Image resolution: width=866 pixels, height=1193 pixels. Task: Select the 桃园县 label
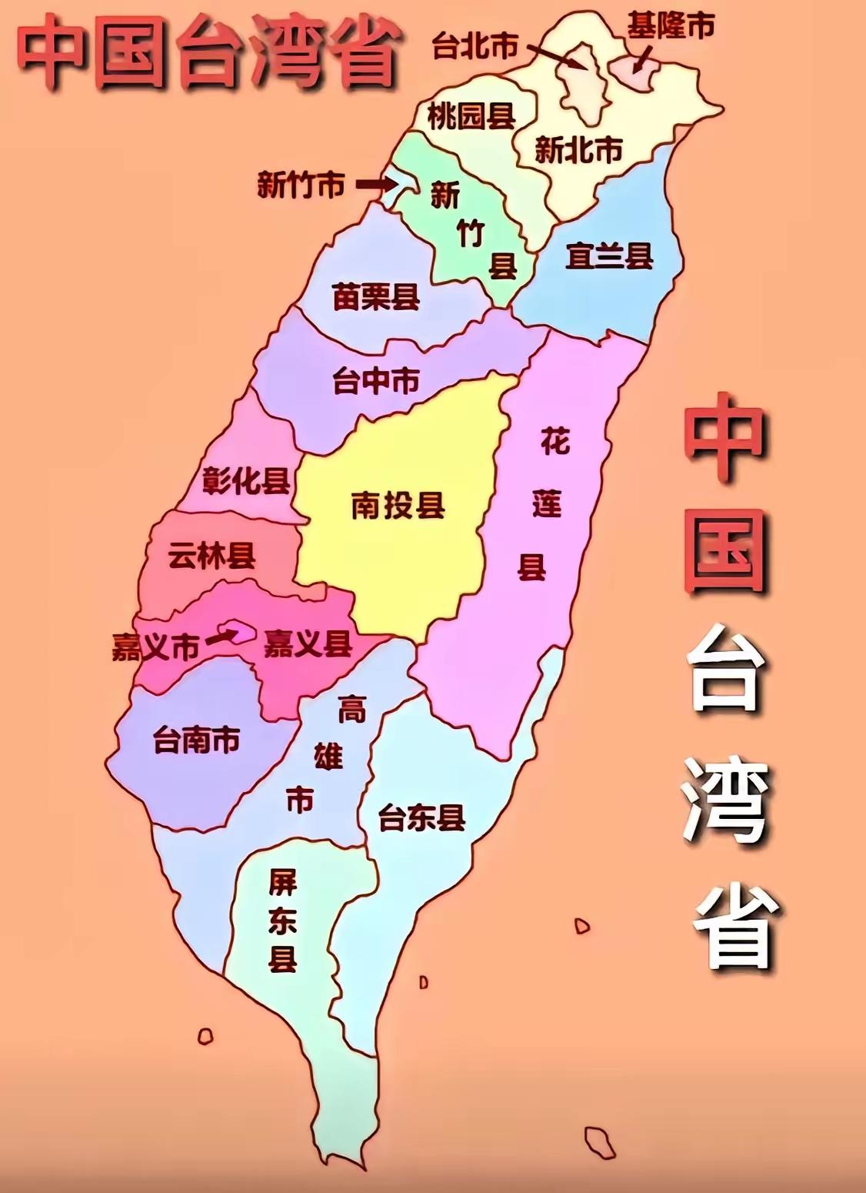[471, 117]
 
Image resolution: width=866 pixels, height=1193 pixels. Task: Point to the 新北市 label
[578, 150]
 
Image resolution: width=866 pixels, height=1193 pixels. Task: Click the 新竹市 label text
[300, 185]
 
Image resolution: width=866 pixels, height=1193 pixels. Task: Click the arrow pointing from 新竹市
[376, 185]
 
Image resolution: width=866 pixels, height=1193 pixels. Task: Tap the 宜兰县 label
[608, 256]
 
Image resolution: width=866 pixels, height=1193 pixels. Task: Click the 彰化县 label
[246, 481]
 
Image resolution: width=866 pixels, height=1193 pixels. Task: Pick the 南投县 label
[398, 506]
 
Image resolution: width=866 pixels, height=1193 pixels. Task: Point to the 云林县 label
[212, 556]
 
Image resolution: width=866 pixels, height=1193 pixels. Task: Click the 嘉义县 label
[308, 644]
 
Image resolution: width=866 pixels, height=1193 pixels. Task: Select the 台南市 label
[197, 740]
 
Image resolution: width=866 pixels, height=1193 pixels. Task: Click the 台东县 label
[421, 818]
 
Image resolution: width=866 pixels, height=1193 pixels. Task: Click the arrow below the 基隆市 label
[642, 59]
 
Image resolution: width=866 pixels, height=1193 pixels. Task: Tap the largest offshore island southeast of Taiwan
[599, 1142]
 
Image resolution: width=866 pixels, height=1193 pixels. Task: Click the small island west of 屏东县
[205, 1036]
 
